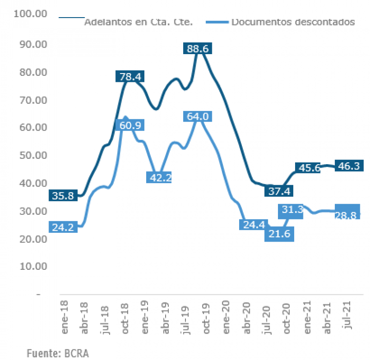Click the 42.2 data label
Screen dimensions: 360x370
[x=159, y=177]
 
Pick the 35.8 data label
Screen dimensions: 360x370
[x=62, y=196]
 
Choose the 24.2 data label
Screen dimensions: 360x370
[x=62, y=227]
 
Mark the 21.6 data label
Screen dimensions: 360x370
[x=279, y=235]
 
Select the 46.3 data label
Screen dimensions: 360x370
[x=350, y=165]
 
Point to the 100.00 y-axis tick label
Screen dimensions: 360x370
[x=31, y=13]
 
